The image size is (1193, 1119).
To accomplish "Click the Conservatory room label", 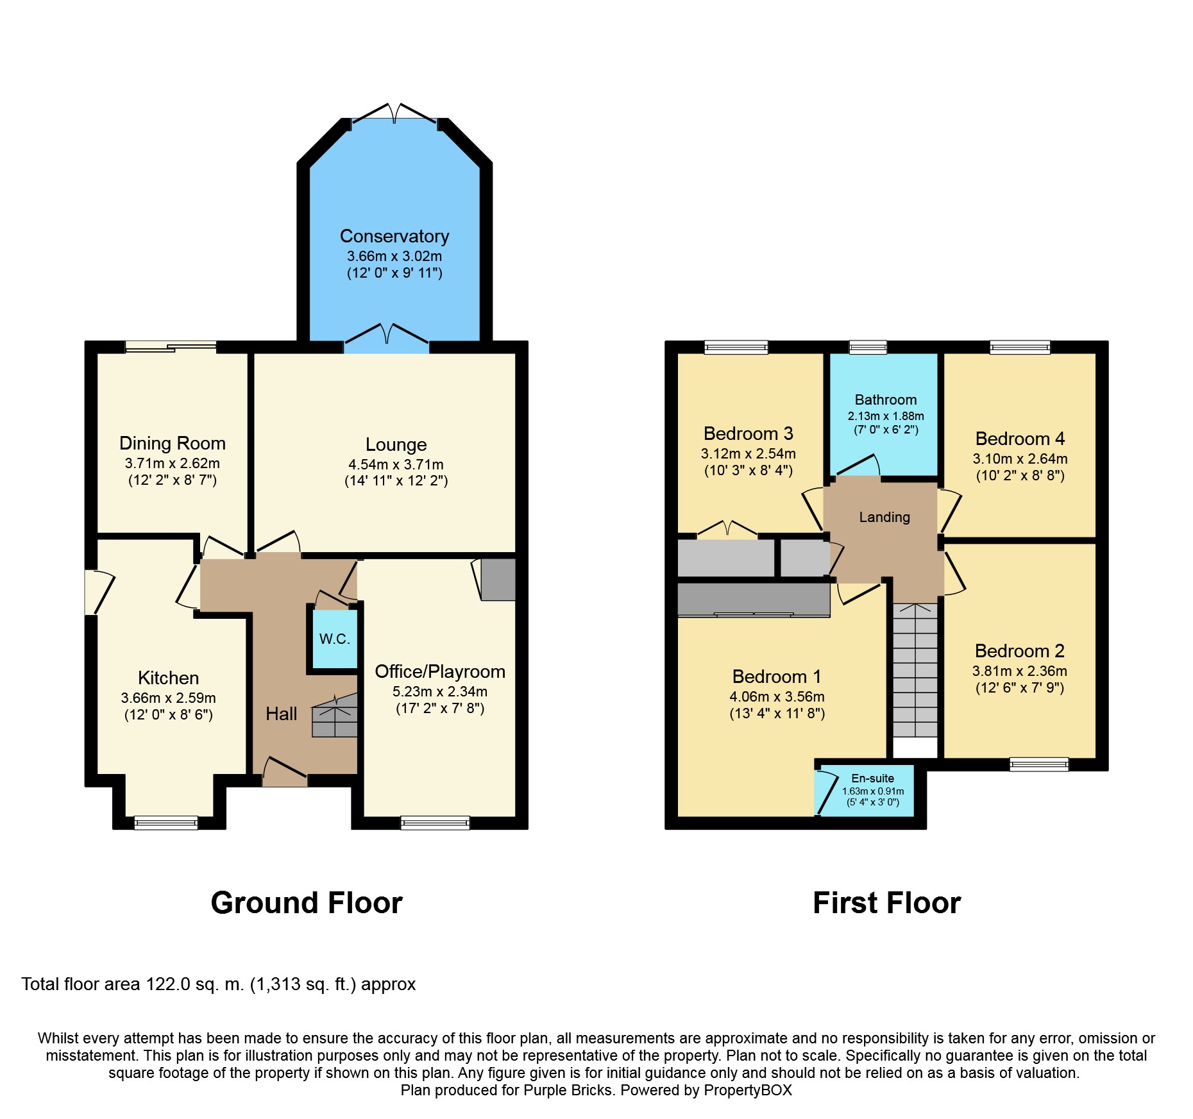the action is (x=394, y=237).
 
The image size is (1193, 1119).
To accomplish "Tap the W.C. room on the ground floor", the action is (x=334, y=639).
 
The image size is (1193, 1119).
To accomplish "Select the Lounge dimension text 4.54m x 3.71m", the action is (x=396, y=464).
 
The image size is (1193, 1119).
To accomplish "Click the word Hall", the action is (x=282, y=714).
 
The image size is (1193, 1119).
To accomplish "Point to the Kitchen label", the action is (x=168, y=678).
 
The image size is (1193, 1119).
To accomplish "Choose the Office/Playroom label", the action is (x=440, y=671).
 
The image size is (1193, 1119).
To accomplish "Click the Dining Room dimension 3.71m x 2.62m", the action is (x=173, y=463).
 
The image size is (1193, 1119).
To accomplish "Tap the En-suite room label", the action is (x=872, y=778).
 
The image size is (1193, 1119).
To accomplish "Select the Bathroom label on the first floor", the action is (x=886, y=400).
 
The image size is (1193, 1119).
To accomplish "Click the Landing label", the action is (x=884, y=517).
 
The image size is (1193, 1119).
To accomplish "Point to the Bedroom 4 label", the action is (x=1020, y=439).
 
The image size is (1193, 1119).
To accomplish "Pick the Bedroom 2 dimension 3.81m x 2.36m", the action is (x=1020, y=671).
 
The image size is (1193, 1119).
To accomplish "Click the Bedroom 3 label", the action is (x=749, y=433).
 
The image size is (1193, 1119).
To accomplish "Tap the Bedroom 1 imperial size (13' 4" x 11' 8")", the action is (x=777, y=713).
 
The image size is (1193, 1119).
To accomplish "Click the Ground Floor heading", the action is (x=307, y=903).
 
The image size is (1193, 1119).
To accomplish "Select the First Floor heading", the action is (x=887, y=903).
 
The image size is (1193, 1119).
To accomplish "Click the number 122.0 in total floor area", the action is (x=168, y=984).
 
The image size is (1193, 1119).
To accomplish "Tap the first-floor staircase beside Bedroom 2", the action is (x=915, y=670).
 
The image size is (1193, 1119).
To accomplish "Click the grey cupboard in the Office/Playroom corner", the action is (x=498, y=580).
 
